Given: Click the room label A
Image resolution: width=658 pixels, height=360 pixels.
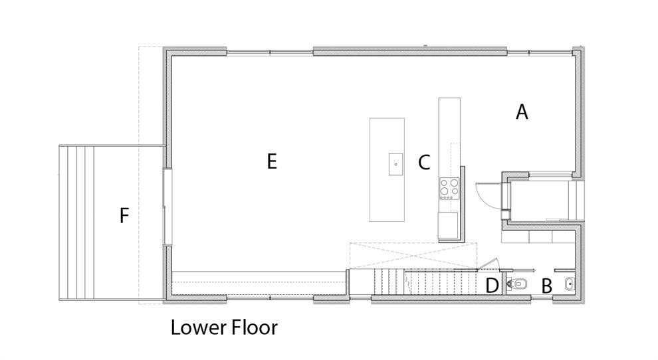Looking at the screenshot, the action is tap(522, 112).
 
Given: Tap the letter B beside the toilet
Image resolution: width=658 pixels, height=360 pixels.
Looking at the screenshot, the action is tap(546, 286).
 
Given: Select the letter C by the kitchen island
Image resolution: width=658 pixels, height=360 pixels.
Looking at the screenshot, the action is tap(424, 162).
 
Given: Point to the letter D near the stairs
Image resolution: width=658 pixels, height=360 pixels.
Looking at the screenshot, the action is tap(492, 286).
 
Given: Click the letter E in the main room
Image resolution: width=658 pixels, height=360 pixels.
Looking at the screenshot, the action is tap(272, 161).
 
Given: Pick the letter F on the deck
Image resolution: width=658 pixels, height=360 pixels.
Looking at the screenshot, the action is tap(124, 215).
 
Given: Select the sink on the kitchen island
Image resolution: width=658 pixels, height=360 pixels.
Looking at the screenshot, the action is tap(395, 164).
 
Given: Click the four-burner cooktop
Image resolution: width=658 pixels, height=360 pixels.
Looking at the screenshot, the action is tap(449, 189).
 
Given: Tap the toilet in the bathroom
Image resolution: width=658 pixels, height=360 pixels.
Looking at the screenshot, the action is tap(516, 284).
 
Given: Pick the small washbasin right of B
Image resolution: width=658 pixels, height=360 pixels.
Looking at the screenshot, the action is tap(570, 284).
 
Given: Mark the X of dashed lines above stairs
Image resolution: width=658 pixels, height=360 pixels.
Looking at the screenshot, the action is tap(413, 255).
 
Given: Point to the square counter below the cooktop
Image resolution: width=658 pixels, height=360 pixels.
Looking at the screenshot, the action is tap(448, 225).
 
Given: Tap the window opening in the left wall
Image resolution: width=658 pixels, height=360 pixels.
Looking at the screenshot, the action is tap(167, 207).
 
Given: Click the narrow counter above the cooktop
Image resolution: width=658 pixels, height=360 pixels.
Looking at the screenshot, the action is tap(449, 137).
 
